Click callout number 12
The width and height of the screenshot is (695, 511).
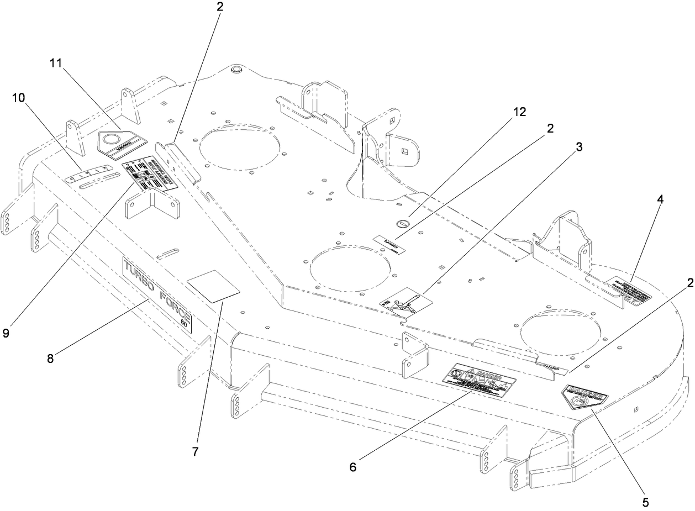click(x=519, y=111)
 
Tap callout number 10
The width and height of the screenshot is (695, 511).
click(x=18, y=98)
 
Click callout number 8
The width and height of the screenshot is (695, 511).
click(x=51, y=359)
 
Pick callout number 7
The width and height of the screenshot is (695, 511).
click(x=195, y=451)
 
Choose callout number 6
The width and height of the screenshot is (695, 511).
click(x=352, y=467)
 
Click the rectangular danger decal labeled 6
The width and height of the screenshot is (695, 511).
click(x=478, y=378)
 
